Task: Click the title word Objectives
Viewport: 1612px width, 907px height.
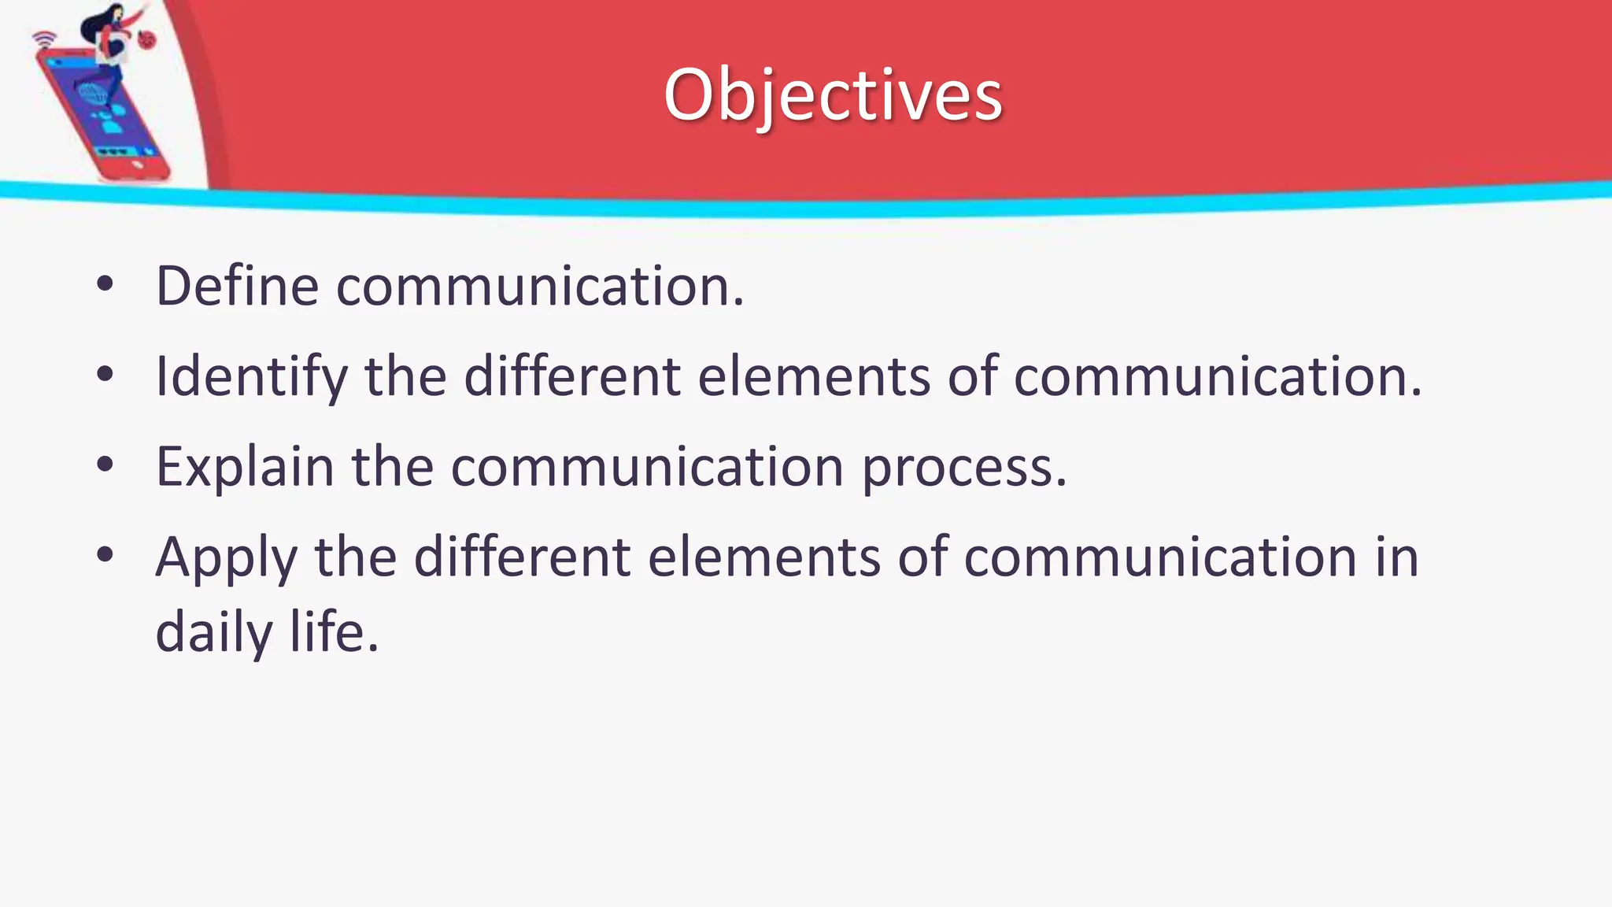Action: click(x=832, y=95)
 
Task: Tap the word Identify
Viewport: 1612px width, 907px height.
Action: click(x=251, y=376)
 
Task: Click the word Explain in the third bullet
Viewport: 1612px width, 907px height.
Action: click(x=245, y=467)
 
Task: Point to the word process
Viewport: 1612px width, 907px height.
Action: click(x=963, y=467)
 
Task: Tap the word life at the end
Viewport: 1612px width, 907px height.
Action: click(x=333, y=631)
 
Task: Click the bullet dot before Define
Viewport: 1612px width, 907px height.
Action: click(x=105, y=285)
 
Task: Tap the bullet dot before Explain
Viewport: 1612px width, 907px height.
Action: click(x=105, y=466)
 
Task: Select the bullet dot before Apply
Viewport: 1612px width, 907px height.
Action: click(x=105, y=557)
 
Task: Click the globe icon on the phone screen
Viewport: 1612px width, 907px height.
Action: click(x=93, y=97)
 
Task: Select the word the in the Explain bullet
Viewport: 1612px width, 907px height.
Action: click(x=392, y=467)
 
